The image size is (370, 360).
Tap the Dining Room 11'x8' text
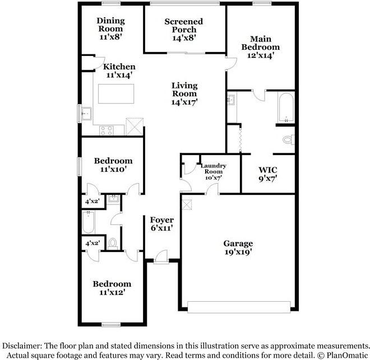(111, 29)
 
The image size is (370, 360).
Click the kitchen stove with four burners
(106, 130)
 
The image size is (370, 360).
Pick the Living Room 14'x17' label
(184, 94)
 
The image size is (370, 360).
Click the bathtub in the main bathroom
(286, 107)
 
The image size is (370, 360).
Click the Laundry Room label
(213, 171)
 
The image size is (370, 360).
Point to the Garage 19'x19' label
(238, 247)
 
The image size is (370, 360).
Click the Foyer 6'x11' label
(161, 224)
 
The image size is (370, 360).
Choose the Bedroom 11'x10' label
(114, 165)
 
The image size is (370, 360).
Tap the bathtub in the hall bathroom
(89, 222)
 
